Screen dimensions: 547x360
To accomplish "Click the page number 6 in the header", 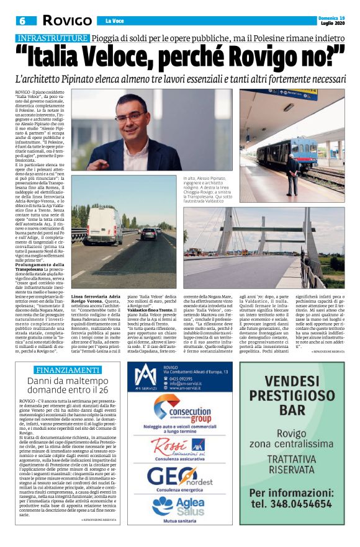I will [20, 21].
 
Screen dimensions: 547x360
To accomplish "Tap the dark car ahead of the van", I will [149, 234].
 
